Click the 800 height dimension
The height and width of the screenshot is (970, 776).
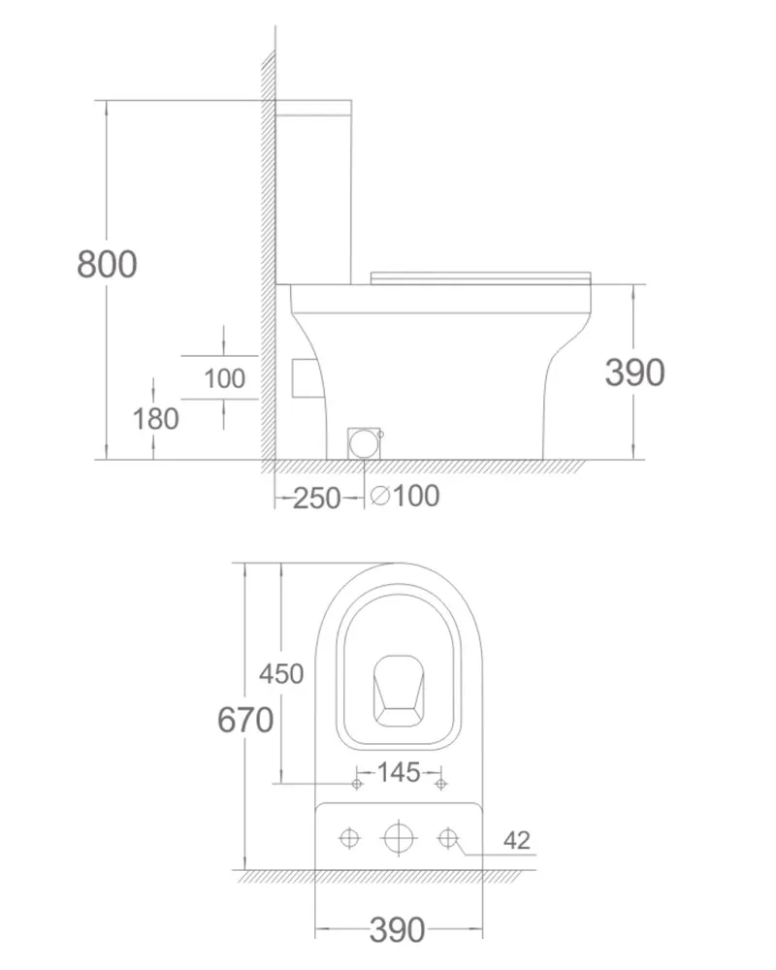click(x=107, y=264)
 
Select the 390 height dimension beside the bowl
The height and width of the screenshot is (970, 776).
click(x=635, y=372)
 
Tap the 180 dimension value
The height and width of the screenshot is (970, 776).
click(x=156, y=419)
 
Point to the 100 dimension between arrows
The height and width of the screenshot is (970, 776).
click(x=225, y=378)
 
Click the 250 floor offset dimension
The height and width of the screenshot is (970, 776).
click(x=316, y=498)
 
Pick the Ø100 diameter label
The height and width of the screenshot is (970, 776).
click(x=405, y=496)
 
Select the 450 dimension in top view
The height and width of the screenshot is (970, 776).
click(x=281, y=674)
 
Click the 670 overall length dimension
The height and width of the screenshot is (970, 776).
click(x=245, y=720)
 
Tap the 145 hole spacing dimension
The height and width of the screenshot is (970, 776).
click(x=399, y=772)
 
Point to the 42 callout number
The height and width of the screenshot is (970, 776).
click(x=517, y=840)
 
